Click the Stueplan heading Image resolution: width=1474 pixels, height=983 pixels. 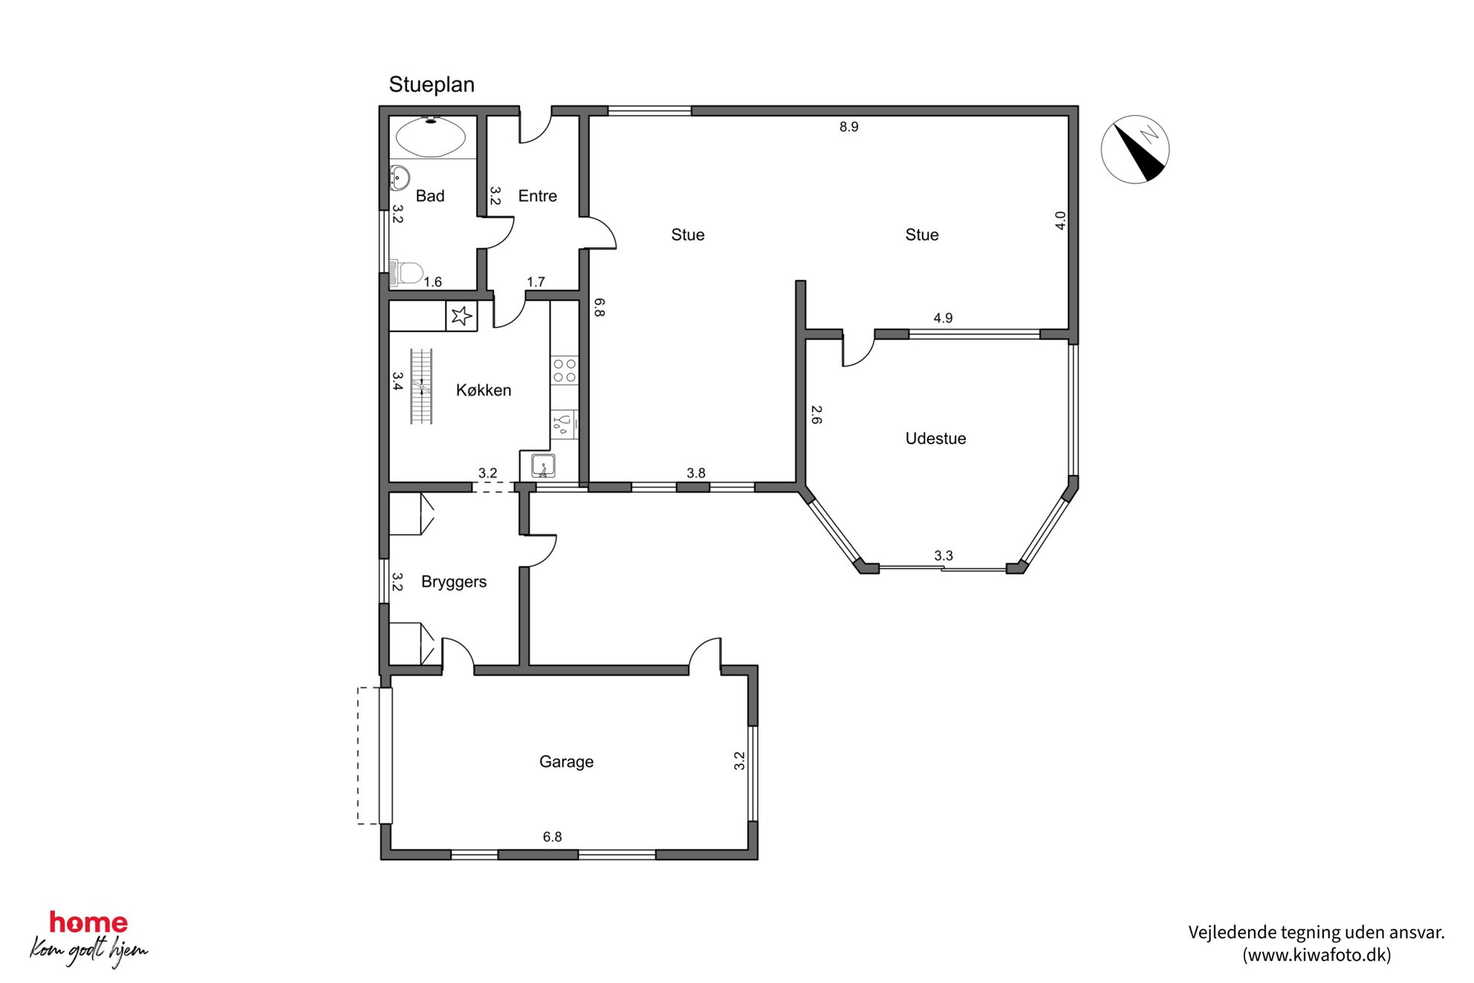432,85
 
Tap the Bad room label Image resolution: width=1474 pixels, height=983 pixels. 430,196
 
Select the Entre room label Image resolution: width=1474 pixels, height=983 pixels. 537,196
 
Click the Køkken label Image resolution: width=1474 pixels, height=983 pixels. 484,390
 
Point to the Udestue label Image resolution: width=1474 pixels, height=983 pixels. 935,438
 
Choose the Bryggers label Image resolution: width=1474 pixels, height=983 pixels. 454,582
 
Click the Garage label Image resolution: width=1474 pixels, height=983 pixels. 566,762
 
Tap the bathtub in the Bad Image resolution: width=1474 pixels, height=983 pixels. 431,137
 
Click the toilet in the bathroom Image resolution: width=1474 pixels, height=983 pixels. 406,272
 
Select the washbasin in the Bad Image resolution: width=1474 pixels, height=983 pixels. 399,178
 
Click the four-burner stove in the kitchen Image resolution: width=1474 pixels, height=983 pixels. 565,371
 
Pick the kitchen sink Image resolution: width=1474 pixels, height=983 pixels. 543,466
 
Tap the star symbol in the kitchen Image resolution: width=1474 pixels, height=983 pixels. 461,316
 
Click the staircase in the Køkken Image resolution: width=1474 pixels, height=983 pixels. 421,386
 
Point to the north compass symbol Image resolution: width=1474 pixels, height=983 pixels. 1134,149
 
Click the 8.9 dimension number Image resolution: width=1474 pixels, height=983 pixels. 848,127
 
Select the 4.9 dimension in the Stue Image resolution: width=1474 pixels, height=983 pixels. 943,318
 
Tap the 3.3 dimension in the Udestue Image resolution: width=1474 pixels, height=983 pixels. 944,556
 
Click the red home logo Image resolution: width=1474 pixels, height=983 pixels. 88,923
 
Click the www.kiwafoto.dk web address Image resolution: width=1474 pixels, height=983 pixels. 1316,955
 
